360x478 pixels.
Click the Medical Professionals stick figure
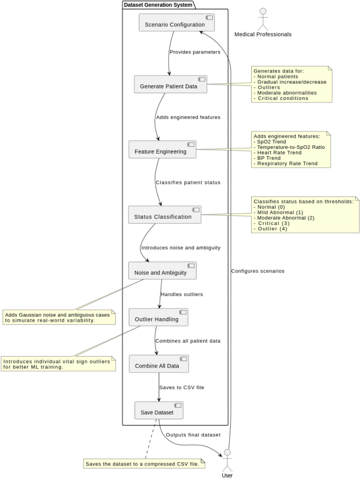[x=263, y=19]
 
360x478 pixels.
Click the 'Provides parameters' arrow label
[x=194, y=52]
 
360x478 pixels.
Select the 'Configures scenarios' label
[x=258, y=271]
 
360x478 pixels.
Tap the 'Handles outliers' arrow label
[x=182, y=294]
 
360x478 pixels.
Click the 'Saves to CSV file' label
[x=182, y=388]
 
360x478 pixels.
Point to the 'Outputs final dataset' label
[x=193, y=435]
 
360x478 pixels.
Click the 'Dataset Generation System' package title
[x=158, y=5]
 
